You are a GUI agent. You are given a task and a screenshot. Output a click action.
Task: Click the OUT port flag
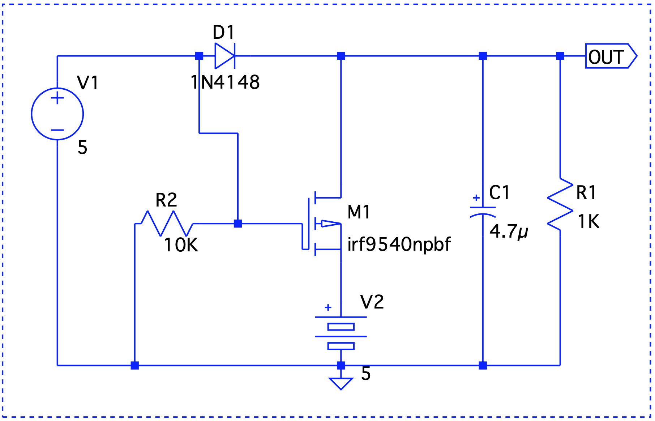pos(611,56)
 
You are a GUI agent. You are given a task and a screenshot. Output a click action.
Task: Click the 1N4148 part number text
pos(225,82)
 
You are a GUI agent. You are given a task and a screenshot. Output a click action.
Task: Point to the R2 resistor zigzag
pos(167,224)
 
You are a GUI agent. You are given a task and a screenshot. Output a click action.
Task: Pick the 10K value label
pos(181,245)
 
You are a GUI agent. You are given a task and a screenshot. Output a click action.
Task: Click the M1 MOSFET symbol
pos(322,224)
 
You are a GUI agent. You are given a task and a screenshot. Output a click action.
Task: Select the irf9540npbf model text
pos(399,244)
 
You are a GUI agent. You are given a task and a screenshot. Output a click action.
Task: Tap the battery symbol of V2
pos(341,331)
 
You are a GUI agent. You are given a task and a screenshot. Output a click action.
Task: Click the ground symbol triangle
pos(341,383)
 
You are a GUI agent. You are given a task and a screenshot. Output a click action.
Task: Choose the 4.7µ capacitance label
pos(509,231)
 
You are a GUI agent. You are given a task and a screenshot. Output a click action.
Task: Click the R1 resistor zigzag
pos(560,204)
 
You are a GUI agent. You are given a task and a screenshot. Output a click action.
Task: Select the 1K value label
pos(588,221)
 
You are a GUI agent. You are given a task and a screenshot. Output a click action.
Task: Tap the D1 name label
pos(224,32)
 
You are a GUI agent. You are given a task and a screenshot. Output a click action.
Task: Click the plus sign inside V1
pos(57,98)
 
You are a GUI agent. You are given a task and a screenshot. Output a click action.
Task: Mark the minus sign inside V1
pos(57,130)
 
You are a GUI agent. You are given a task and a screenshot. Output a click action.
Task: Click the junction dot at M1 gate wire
pos(238,224)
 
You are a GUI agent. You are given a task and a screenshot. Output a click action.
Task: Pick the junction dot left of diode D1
pos(199,56)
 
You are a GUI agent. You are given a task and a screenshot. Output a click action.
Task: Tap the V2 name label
pos(372,302)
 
